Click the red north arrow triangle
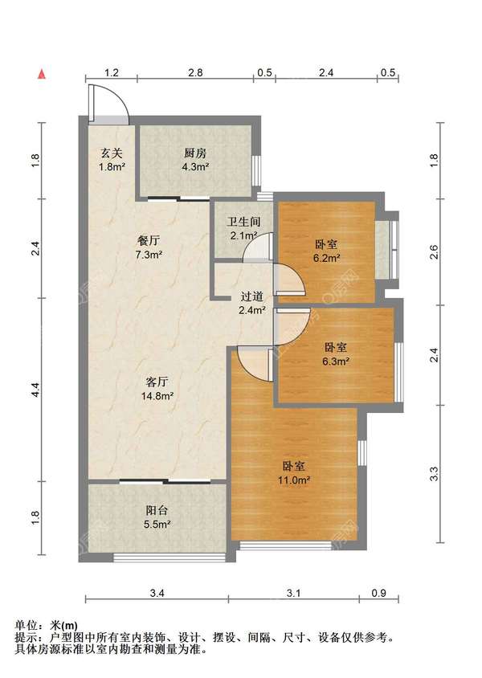[x=42, y=74]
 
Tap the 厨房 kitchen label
[x=195, y=153]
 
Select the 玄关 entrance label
[x=112, y=153]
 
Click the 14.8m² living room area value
[x=157, y=396]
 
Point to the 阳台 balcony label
[x=157, y=511]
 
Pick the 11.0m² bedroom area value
[x=294, y=480]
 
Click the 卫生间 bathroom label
[x=243, y=223]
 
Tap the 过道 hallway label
[x=251, y=296]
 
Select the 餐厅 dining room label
[x=149, y=241]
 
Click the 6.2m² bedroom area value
[x=326, y=258]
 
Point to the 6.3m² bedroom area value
[x=336, y=361]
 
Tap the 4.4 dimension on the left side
[x=36, y=390]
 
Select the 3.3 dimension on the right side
[x=435, y=474]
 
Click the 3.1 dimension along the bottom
[x=293, y=593]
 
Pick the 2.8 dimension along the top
[x=195, y=72]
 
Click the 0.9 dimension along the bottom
[x=378, y=593]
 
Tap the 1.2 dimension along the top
[x=112, y=72]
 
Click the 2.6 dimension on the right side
[x=435, y=252]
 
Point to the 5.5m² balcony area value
[x=157, y=525]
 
